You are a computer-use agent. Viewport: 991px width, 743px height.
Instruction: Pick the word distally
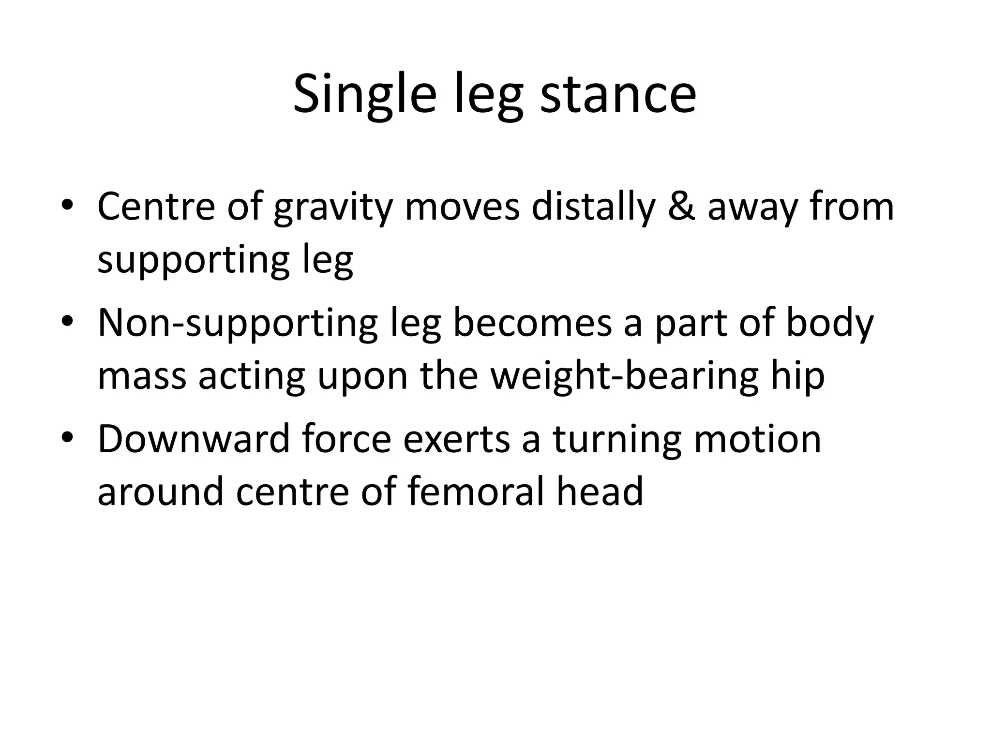click(x=593, y=207)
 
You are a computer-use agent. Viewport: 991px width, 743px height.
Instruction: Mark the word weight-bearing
click(x=624, y=376)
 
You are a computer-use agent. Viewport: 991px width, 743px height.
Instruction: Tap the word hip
click(x=799, y=376)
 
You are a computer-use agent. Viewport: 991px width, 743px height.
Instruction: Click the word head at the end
click(x=600, y=491)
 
